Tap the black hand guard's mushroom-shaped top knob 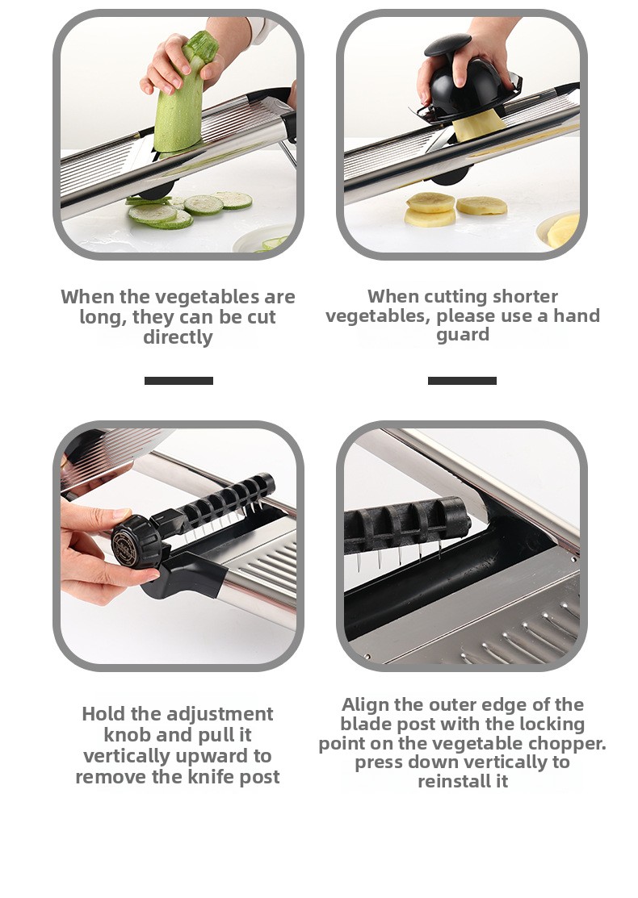[x=447, y=44]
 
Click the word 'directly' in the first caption [x=178, y=337]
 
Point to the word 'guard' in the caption [x=463, y=335]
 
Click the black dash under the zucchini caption [x=178, y=381]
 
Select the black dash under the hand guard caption [x=462, y=381]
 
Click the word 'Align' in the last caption [x=365, y=704]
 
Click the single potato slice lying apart [x=481, y=206]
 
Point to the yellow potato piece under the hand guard [x=479, y=125]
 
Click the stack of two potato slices [x=430, y=210]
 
